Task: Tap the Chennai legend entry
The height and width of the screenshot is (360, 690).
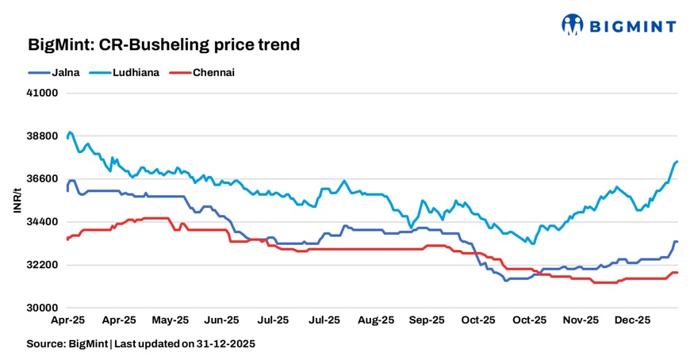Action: click(x=213, y=72)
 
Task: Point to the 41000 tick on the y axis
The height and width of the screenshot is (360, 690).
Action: click(x=44, y=93)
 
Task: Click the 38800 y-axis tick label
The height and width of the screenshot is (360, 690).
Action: click(x=44, y=136)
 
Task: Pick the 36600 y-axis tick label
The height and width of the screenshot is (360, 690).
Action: click(x=44, y=178)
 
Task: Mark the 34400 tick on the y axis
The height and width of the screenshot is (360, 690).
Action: click(x=44, y=221)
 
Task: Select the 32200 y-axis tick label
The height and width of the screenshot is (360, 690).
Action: click(x=44, y=264)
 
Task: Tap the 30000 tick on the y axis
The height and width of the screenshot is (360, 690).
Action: click(x=44, y=307)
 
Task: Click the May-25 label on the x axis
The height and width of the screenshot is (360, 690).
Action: click(x=171, y=320)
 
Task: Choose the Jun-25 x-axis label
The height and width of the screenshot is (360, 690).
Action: click(x=221, y=320)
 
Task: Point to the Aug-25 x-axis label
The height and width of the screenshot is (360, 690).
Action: click(x=376, y=320)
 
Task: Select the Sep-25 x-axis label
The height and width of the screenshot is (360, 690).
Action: click(x=427, y=320)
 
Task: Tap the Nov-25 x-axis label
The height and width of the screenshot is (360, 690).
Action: click(x=581, y=320)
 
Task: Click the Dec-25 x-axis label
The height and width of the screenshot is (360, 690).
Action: click(x=632, y=320)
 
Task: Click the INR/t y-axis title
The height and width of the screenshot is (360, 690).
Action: click(x=17, y=200)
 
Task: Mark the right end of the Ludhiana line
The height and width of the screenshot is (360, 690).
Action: click(x=677, y=161)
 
